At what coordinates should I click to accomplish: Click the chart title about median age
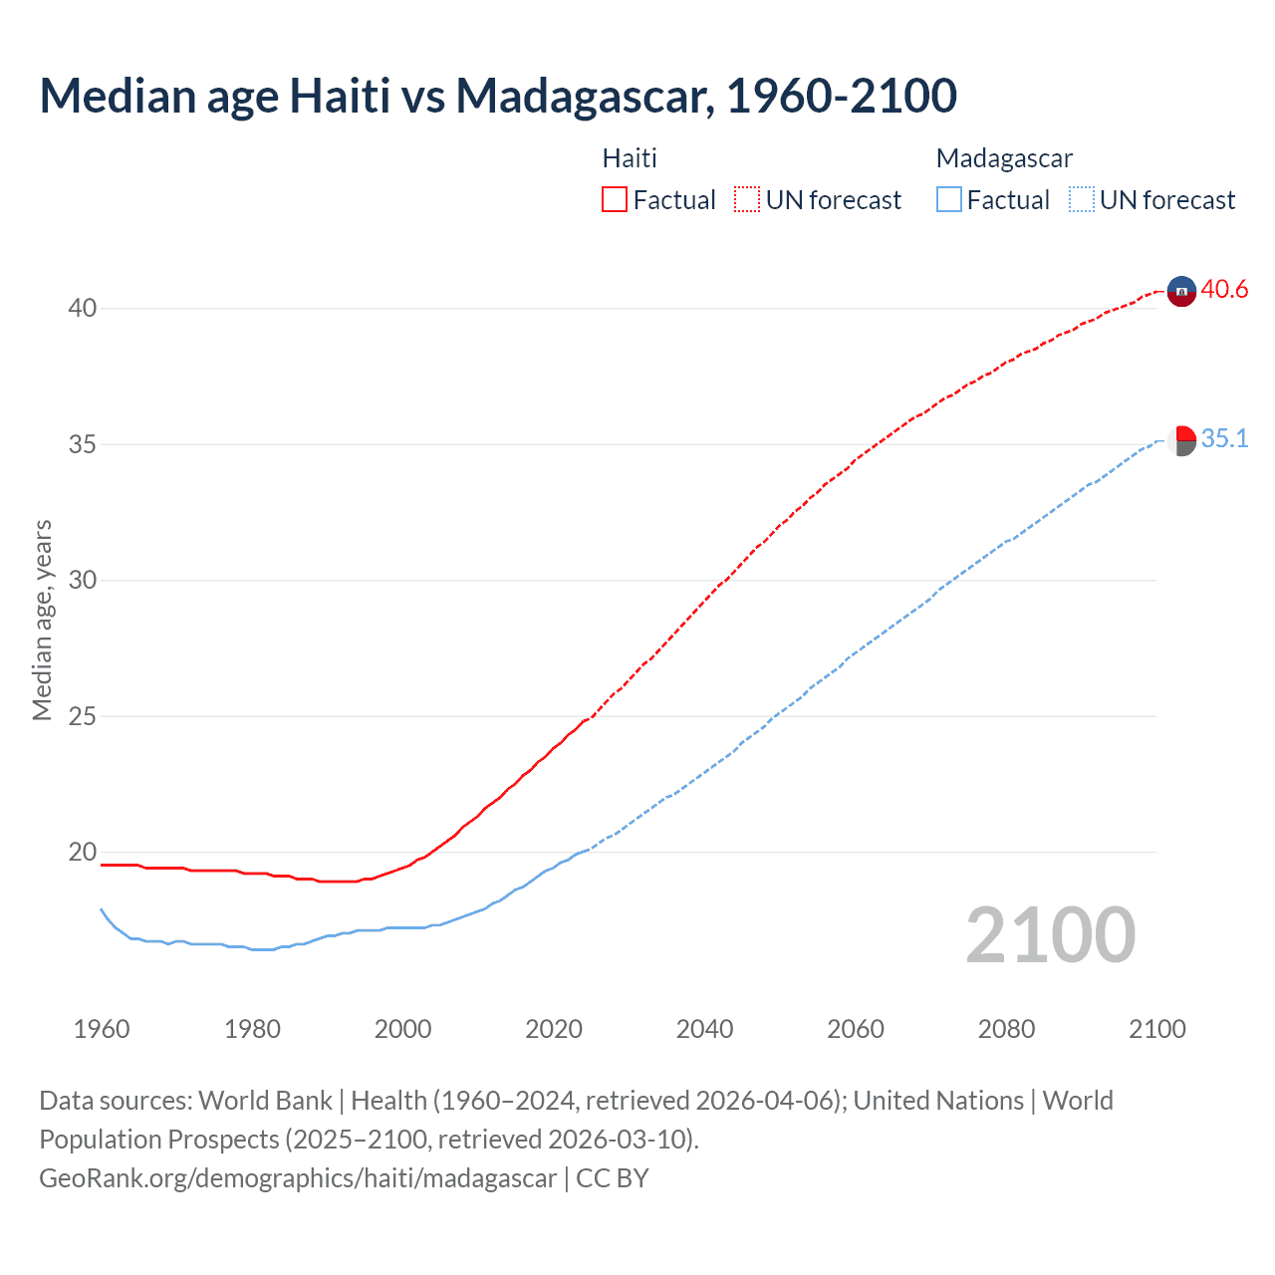click(x=498, y=96)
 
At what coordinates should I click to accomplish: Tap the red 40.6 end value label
click(x=1224, y=290)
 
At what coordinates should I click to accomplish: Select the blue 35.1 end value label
click(x=1224, y=439)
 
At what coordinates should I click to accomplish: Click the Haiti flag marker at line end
click(x=1181, y=291)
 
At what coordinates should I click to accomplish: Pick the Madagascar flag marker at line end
click(x=1182, y=440)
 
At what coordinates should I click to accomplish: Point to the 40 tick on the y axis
click(x=83, y=308)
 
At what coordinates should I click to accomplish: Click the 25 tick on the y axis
click(x=83, y=716)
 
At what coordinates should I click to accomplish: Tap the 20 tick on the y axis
click(x=83, y=853)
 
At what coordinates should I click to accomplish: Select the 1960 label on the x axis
click(x=102, y=1029)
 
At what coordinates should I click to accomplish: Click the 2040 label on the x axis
click(x=704, y=1029)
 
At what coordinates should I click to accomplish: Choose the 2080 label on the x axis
click(x=1006, y=1029)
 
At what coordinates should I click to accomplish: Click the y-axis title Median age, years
click(x=42, y=620)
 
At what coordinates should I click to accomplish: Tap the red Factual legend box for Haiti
click(x=615, y=200)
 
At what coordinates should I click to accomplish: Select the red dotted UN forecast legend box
click(x=747, y=200)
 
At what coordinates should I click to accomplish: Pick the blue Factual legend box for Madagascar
click(x=949, y=200)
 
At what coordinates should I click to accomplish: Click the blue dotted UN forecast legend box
click(x=1082, y=200)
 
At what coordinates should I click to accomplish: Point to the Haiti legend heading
click(x=630, y=158)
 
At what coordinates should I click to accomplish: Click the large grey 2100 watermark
click(x=1050, y=935)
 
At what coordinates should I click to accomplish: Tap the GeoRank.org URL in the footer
click(x=298, y=1178)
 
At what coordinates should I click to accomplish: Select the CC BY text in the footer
click(x=613, y=1178)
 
